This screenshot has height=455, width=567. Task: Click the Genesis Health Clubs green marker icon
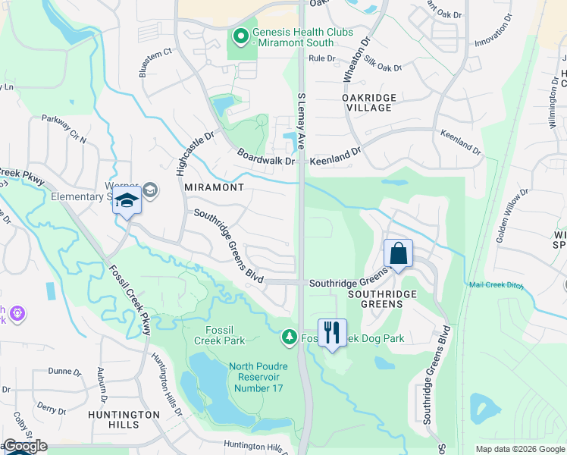point(240,36)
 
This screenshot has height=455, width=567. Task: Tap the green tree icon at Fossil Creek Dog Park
point(289,336)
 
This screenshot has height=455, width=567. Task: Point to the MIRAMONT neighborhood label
point(215,187)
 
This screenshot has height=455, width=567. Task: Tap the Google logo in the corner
point(25,446)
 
